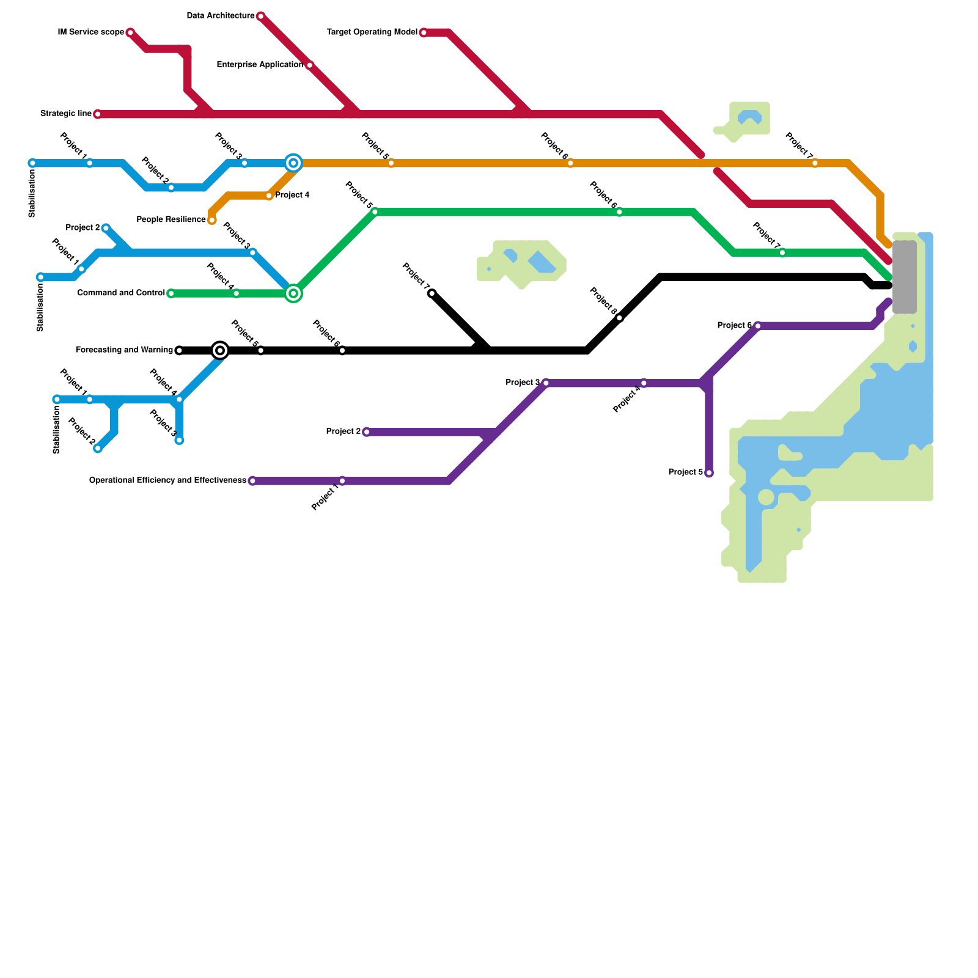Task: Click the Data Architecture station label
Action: [220, 16]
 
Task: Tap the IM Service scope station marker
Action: [130, 32]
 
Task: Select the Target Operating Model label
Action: [372, 32]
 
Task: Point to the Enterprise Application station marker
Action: [309, 65]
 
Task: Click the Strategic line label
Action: [66, 114]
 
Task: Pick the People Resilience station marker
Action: [212, 220]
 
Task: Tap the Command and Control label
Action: [121, 293]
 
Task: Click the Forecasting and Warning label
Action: [124, 350]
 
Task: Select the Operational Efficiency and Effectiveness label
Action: [167, 480]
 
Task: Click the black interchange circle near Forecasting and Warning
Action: [220, 350]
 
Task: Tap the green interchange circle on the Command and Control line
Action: [293, 293]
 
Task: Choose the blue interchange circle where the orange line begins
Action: [293, 163]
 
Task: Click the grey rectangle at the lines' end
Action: [904, 277]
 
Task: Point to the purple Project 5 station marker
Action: [709, 473]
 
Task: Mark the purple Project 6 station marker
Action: [758, 326]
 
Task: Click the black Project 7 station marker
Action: [432, 293]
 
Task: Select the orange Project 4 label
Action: [292, 196]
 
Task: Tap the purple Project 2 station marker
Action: [367, 432]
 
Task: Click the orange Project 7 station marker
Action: [815, 163]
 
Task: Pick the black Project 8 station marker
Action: [619, 318]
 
